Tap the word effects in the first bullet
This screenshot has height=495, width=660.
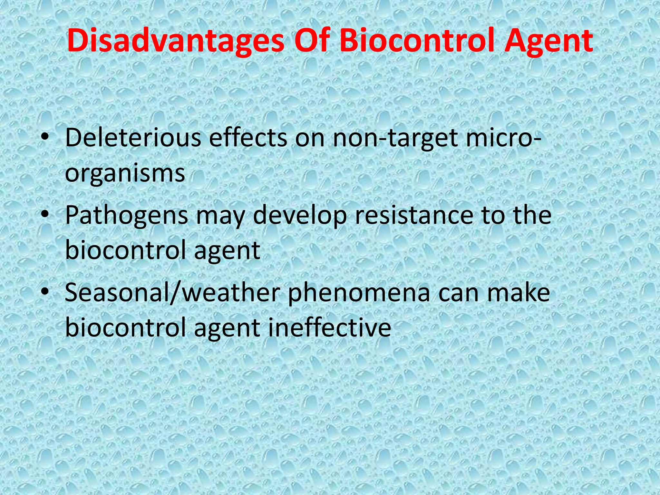[x=247, y=138]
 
